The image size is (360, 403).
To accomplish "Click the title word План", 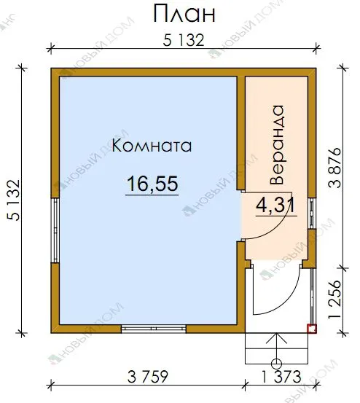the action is [184, 14].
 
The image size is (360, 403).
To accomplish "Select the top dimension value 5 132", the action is [184, 40].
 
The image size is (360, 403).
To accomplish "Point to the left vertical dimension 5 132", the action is [14, 200].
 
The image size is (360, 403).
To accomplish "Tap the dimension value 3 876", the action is [335, 168].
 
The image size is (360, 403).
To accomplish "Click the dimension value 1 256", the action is [335, 300].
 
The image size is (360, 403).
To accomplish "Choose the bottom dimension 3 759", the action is [147, 377].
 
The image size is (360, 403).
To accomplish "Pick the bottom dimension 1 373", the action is [281, 377].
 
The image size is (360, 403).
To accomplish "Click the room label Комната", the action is [152, 146].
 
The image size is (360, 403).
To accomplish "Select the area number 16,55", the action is [152, 184].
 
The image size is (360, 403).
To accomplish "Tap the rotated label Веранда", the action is [277, 145].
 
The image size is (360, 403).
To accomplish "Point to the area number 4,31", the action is [275, 206].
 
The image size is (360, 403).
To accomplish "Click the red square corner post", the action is [312, 329].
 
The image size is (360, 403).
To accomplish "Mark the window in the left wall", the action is [55, 230].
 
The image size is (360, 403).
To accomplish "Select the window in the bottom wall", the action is [154, 329].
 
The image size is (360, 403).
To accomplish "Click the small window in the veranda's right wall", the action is [312, 213].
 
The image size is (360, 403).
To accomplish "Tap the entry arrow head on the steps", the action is [276, 337].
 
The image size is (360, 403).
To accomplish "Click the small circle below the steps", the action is [276, 364].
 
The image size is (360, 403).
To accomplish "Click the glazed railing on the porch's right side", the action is [313, 296].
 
